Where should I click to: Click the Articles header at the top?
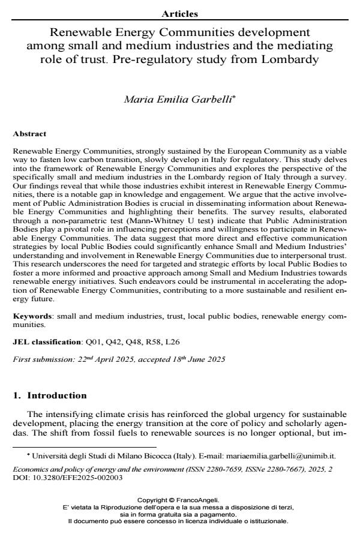point(180,14)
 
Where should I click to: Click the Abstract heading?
point(29,134)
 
